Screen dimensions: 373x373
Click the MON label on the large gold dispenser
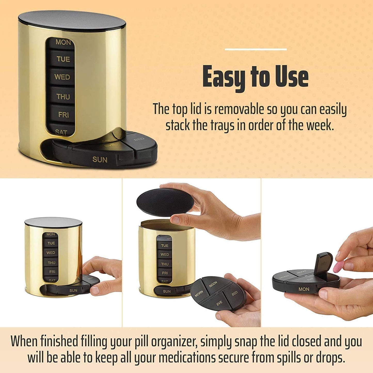(63, 42)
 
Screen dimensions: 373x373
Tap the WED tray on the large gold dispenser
(62, 77)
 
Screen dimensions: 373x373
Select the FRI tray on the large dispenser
(63, 114)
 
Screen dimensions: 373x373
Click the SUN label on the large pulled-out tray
(100, 160)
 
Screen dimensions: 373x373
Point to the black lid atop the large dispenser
(72, 21)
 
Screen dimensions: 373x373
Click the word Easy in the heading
(224, 77)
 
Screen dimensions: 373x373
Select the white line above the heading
(256, 49)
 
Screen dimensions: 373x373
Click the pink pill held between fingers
(339, 266)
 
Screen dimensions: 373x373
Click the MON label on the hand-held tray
(304, 289)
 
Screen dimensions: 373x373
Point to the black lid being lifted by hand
(165, 202)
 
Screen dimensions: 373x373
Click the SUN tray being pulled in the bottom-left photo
(73, 290)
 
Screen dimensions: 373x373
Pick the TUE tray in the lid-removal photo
(165, 245)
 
